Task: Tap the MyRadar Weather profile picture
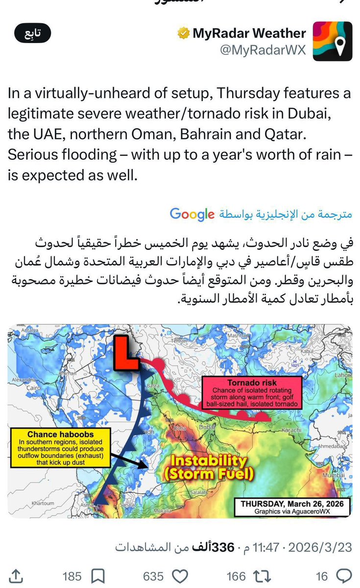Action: coord(333,41)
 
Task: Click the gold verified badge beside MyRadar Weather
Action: coord(183,34)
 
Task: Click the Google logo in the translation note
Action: coord(192,214)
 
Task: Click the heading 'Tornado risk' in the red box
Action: coord(252,383)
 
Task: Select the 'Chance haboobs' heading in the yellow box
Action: coord(61,434)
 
